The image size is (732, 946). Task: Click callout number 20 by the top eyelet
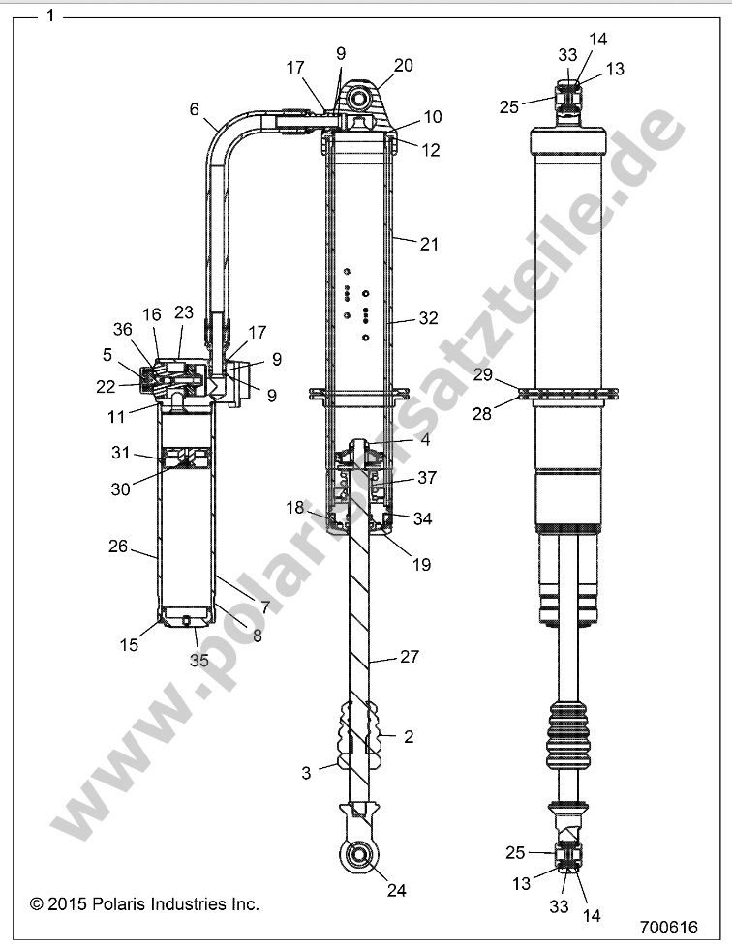point(403,65)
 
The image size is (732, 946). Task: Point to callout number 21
point(429,246)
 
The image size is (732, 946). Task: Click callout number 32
point(429,316)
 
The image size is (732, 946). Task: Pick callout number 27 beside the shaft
point(410,657)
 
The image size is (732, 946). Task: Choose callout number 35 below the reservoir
point(198,662)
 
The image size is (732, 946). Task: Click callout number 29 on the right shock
point(483,373)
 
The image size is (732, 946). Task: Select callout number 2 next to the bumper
point(409,737)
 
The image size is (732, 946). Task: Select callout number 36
point(123,329)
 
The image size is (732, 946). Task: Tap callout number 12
point(430,150)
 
